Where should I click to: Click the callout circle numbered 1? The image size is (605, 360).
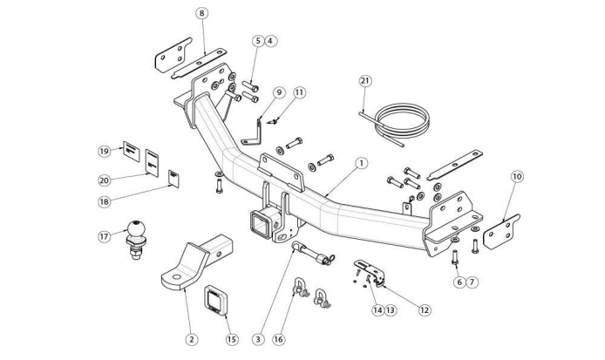[x=361, y=163]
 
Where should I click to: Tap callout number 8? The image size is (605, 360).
[x=201, y=13]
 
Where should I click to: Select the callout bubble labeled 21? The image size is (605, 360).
[x=365, y=81]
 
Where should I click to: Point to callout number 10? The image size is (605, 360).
[x=517, y=177]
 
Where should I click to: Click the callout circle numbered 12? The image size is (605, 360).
[x=425, y=309]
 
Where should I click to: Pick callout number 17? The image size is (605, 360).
[x=105, y=236]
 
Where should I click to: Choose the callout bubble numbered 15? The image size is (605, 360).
[x=232, y=339]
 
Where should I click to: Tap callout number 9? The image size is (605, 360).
[x=279, y=93]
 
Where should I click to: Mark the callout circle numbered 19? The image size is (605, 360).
[x=105, y=151]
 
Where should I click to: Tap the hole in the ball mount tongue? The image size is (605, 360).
[x=176, y=276]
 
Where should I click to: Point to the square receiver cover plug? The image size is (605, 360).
[x=215, y=300]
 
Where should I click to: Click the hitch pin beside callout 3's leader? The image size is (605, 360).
[x=313, y=255]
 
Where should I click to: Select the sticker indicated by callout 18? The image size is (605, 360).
[x=174, y=179]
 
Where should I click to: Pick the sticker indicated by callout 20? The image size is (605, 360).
[x=152, y=163]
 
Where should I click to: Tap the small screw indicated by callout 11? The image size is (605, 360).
[x=272, y=122]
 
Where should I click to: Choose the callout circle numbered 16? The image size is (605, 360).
[x=278, y=339]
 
